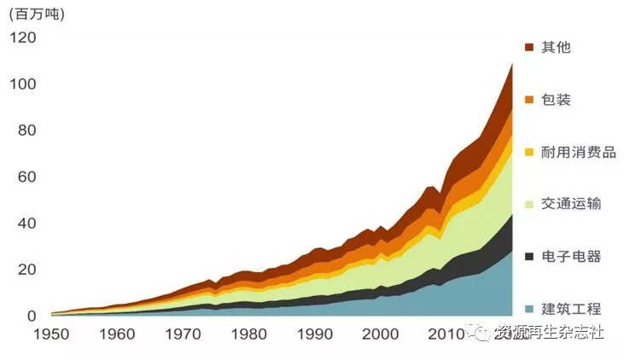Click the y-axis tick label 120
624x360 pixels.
[23, 38]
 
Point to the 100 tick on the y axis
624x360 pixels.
[23, 84]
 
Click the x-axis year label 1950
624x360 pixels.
[52, 334]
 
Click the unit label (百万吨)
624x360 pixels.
[36, 15]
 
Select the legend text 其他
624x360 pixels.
[556, 47]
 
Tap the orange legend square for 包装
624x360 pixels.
[529, 100]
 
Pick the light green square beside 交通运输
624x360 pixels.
[529, 204]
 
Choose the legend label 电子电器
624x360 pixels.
[571, 257]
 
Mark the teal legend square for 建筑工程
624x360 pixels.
[529, 309]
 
